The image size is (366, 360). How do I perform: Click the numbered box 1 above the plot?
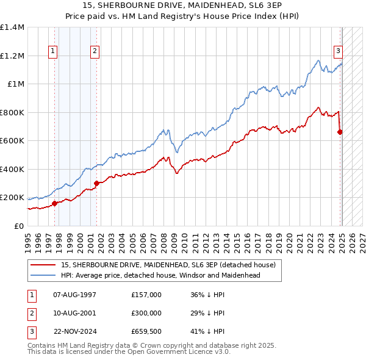coord(54,51)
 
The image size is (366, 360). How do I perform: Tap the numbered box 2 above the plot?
coord(95,51)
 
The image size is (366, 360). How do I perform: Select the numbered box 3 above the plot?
coord(337,51)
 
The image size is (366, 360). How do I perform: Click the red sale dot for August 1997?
coord(54,204)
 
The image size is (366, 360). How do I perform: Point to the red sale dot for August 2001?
coord(96,183)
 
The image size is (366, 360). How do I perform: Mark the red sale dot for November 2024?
coord(340,132)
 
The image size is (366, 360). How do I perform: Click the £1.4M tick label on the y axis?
coord(12,27)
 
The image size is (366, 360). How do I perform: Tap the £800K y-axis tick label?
coord(12,112)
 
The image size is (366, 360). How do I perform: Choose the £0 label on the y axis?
coord(18,226)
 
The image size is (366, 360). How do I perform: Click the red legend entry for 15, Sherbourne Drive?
coord(168,265)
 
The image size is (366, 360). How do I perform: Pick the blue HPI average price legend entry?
coord(160,275)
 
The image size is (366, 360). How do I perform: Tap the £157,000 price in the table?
coord(146,295)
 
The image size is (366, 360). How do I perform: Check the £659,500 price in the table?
coord(146,331)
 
